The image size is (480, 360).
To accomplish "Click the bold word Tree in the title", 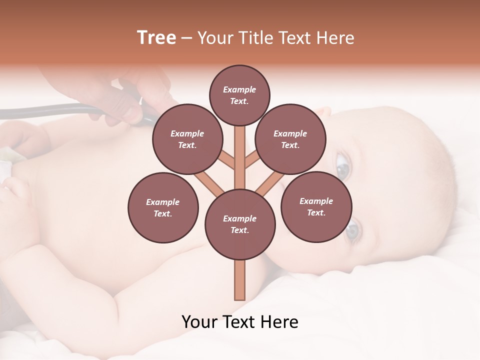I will tap(156, 37).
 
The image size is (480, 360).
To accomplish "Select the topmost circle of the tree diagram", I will tap(239, 95).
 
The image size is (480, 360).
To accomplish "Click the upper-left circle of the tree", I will tap(187, 139).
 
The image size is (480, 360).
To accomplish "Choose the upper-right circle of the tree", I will tap(290, 139).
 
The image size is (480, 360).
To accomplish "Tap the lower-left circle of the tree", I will tap(163, 207).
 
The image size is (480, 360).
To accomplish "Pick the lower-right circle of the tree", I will tap(316, 206).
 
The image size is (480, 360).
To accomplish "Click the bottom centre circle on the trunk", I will tap(240, 224).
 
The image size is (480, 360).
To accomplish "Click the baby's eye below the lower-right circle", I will tap(353, 230).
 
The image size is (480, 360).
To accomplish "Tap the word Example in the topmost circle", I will tap(239, 89).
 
